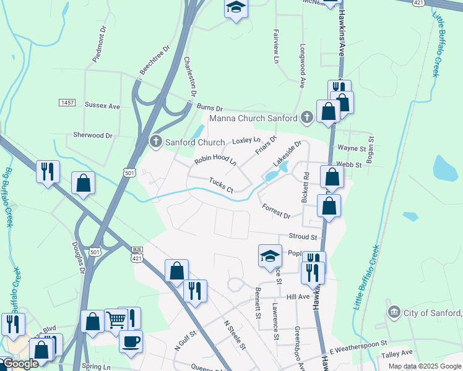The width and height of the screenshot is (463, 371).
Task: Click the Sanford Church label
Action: pyautogui.click(x=195, y=142)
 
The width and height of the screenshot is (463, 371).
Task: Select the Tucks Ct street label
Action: pyautogui.click(x=221, y=185)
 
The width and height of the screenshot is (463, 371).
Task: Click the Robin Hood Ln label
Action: pyautogui.click(x=215, y=160)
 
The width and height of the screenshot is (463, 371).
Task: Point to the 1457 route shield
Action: pyautogui.click(x=67, y=102)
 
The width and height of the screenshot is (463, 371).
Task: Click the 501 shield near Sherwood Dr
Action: pyautogui.click(x=128, y=174)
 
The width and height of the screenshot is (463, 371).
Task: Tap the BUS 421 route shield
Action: pyautogui.click(x=137, y=254)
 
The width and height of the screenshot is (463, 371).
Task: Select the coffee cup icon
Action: pyautogui.click(x=131, y=341)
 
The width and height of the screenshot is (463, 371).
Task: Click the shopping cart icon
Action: pyautogui.click(x=116, y=320)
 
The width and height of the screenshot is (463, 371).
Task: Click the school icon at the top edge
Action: pyautogui.click(x=235, y=8)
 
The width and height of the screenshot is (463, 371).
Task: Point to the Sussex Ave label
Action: pyautogui.click(x=102, y=106)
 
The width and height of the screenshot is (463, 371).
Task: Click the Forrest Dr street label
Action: pyautogui.click(x=276, y=211)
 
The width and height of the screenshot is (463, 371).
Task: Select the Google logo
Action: pyautogui.click(x=20, y=364)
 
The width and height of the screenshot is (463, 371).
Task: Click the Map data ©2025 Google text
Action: pyautogui.click(x=424, y=366)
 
